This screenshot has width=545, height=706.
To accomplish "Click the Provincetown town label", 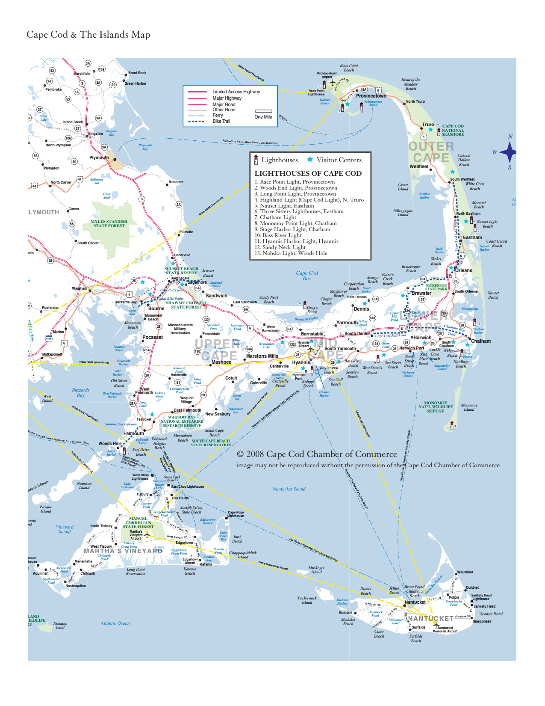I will coord(371,96).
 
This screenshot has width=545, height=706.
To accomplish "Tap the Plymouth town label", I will coord(99,157).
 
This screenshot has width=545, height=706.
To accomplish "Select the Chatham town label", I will coord(480,341).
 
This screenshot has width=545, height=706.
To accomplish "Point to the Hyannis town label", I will coord(301,362).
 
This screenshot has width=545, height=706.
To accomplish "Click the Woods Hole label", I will coord(110,443).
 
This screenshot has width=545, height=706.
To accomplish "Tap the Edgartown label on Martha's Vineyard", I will coord(184,543).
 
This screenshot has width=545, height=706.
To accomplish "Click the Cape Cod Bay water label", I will coord(307,276).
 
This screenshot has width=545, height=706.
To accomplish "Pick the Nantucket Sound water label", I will coord(289,489).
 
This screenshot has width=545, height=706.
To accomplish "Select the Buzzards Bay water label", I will coord(80,392).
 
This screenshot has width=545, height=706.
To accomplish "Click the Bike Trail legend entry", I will coord(221,121).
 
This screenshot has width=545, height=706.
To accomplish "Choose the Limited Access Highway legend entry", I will coord(236,92).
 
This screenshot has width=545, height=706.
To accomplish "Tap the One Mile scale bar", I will coord(263,111).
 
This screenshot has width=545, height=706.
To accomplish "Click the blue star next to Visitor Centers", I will coord(310,160).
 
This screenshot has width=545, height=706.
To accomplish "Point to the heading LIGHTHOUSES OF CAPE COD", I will coord(308,173).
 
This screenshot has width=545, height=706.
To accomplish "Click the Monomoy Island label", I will coord(469,407).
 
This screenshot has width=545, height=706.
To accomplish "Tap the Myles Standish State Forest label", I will coord(109,223).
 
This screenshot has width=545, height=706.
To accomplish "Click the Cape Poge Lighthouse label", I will coord(236,514).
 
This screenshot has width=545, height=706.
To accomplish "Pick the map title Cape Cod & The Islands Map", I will coord(88,35).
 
